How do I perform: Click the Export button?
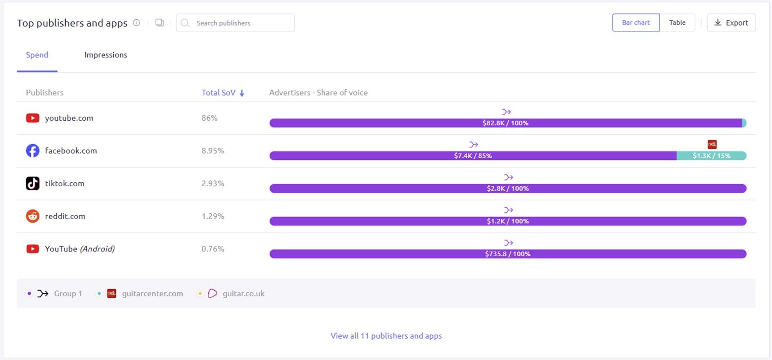coord(731,23)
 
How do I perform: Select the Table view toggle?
coord(677,23)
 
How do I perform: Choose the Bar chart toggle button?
coord(635,23)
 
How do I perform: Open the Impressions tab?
coord(106,55)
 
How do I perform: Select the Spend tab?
coord(37,55)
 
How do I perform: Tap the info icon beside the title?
coord(137,23)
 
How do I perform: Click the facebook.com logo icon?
coord(32,151)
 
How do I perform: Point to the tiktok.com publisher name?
coord(65,183)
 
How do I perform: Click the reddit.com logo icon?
coord(32,216)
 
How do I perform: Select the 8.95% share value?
coord(213,151)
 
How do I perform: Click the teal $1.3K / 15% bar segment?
coord(711,156)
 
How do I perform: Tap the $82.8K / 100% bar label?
coord(505,123)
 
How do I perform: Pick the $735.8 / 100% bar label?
coord(508,254)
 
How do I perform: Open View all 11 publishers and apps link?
coord(386,336)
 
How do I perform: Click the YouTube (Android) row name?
coord(80,249)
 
